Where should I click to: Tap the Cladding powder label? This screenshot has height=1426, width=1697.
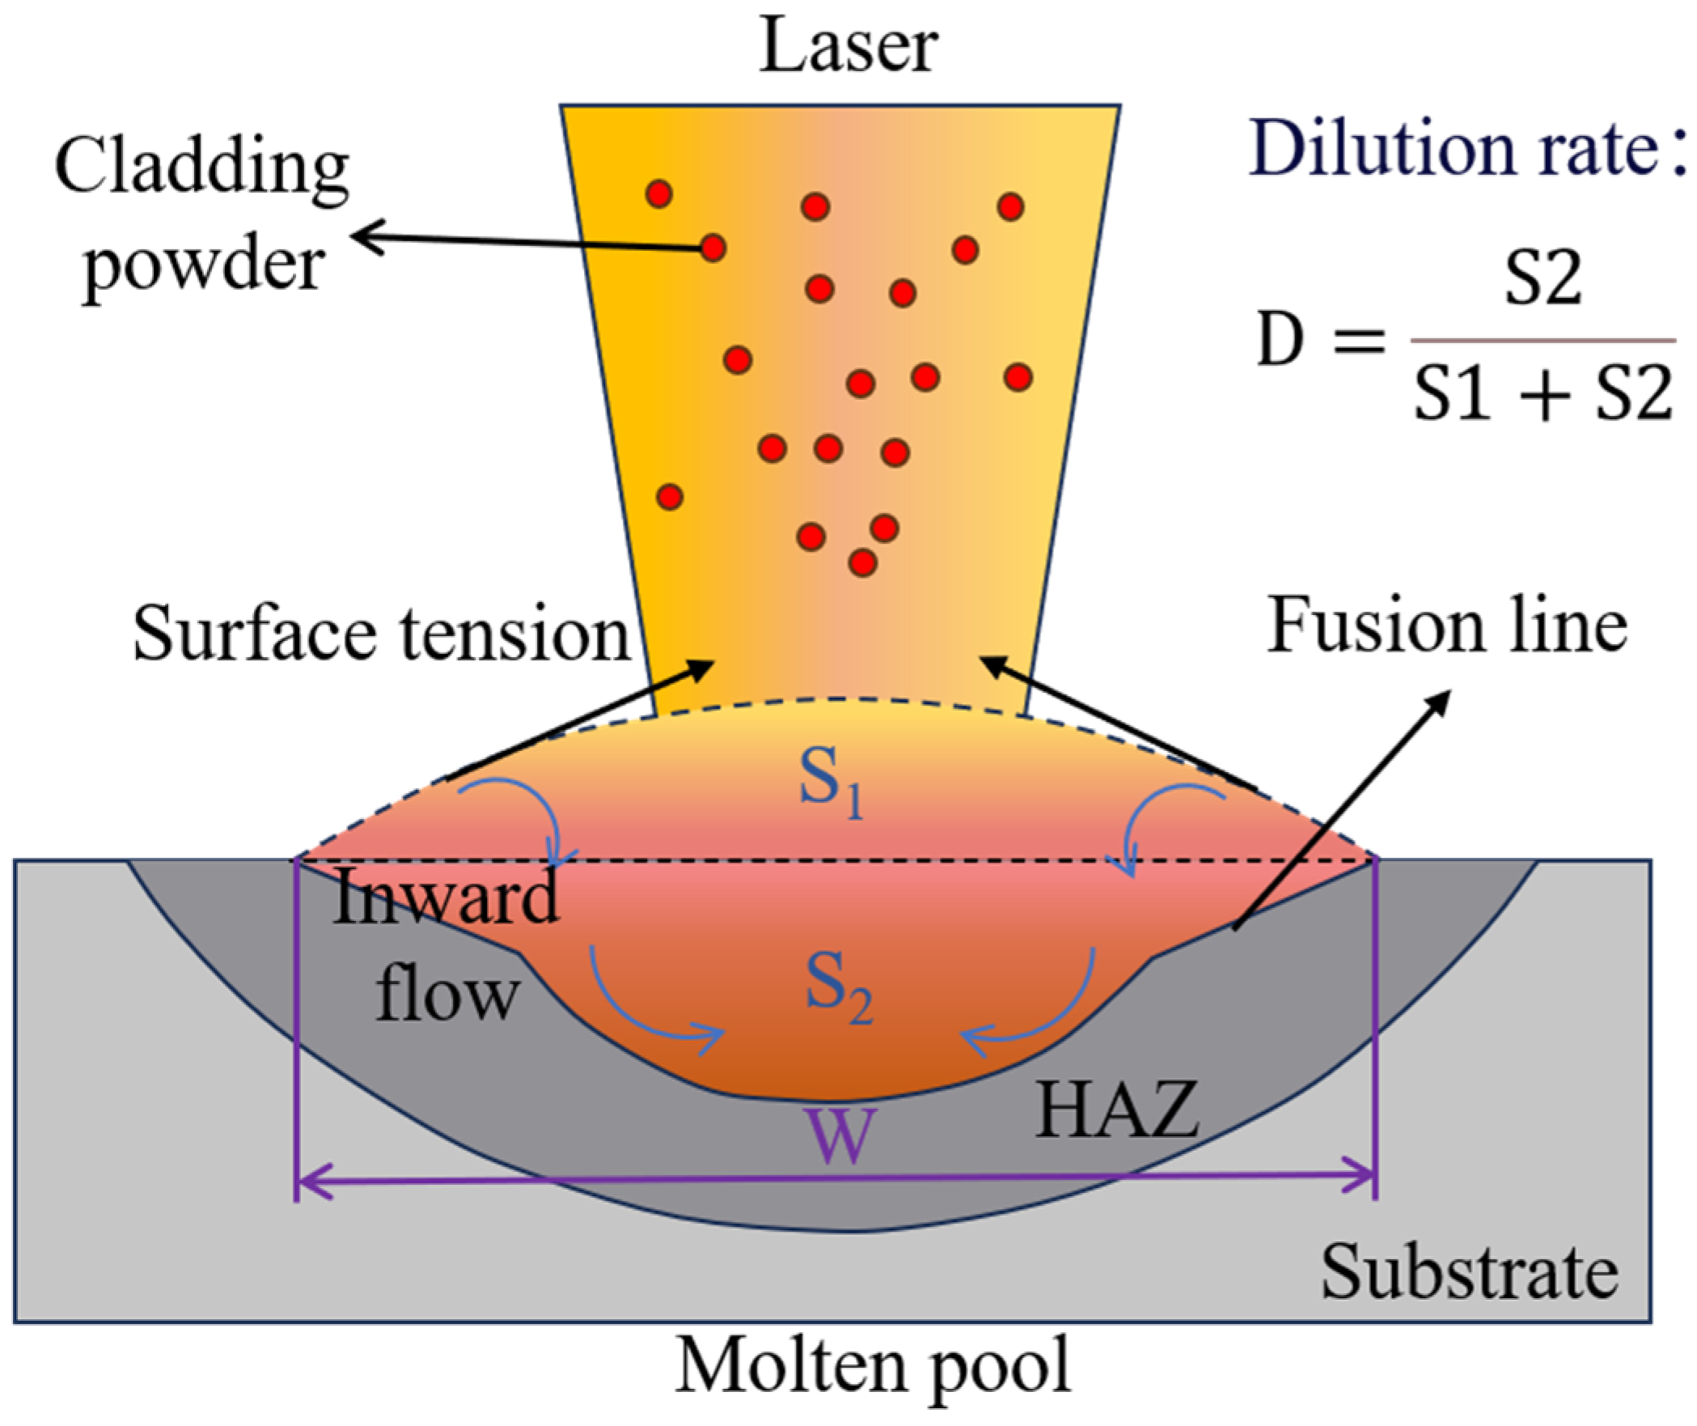tap(202, 214)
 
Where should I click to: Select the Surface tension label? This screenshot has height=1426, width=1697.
tap(381, 635)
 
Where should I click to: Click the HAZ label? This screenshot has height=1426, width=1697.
tap(1116, 1114)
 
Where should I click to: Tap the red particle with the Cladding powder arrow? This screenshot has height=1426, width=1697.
tap(712, 248)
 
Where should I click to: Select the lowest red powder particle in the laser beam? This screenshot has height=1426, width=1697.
tap(863, 561)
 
